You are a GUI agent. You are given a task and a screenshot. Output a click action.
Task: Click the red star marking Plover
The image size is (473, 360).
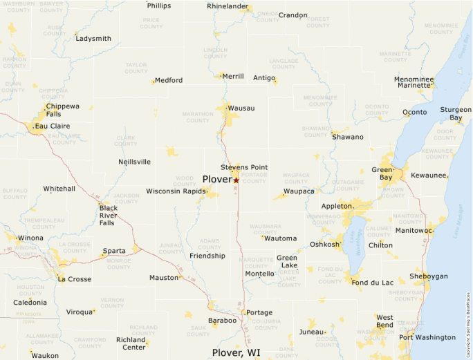[x=236, y=180]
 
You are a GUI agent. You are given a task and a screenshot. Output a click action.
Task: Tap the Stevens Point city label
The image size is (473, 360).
[x=243, y=167]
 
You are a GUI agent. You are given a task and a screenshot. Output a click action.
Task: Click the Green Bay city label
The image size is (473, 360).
[x=382, y=173]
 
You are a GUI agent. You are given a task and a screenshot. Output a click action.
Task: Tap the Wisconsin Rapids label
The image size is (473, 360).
[x=176, y=191]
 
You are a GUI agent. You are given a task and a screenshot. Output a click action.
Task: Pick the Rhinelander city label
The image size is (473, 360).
[x=228, y=6]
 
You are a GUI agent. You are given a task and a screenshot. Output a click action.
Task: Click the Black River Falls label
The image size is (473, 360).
[x=108, y=215]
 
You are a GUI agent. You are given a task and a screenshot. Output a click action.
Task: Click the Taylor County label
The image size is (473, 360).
[x=136, y=68]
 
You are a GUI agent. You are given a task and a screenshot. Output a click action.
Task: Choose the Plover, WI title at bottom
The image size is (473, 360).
[x=236, y=352]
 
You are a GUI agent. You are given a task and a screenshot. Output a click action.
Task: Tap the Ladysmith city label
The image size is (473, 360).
[x=93, y=39]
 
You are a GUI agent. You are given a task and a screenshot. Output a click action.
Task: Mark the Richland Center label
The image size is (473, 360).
[x=131, y=343]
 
